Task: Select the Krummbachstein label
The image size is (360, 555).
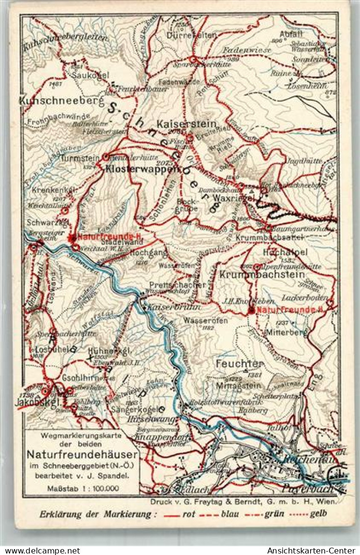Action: tap(262, 275)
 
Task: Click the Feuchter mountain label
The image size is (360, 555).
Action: tap(239, 364)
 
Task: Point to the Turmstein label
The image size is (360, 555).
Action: tap(77, 158)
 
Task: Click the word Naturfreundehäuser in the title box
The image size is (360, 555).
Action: tap(82, 453)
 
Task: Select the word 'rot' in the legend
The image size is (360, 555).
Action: tap(189, 514)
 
